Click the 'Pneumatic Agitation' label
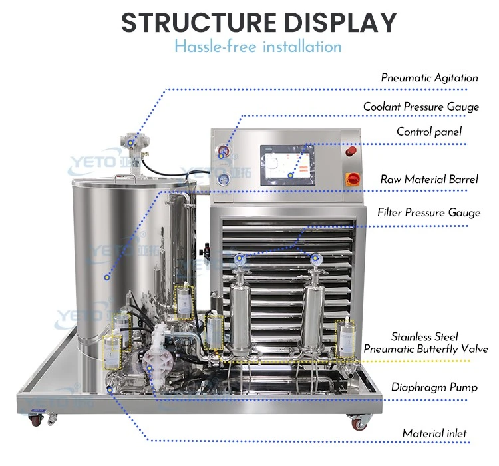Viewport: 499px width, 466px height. (x=429, y=78)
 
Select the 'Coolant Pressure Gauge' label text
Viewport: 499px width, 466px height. (x=421, y=107)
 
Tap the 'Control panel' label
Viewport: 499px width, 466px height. (x=429, y=132)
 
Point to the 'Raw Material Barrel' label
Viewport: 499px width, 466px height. (x=429, y=179)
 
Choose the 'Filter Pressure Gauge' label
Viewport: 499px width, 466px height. (x=428, y=212)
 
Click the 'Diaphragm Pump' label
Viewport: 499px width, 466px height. (x=434, y=387)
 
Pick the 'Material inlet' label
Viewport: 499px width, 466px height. (x=434, y=433)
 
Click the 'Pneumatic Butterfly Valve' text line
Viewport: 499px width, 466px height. (x=426, y=349)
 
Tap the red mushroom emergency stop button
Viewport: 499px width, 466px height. (x=351, y=152)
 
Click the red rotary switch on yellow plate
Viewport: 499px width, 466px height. (x=353, y=179)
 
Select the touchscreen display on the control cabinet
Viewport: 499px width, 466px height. (x=287, y=165)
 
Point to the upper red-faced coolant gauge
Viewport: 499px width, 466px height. (x=223, y=150)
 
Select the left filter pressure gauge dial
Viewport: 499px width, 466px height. (x=240, y=260)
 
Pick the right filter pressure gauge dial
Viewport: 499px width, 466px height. (x=316, y=259)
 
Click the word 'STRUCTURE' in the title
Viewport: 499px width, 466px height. (x=199, y=23)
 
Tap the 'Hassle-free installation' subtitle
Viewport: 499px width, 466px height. (x=258, y=47)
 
